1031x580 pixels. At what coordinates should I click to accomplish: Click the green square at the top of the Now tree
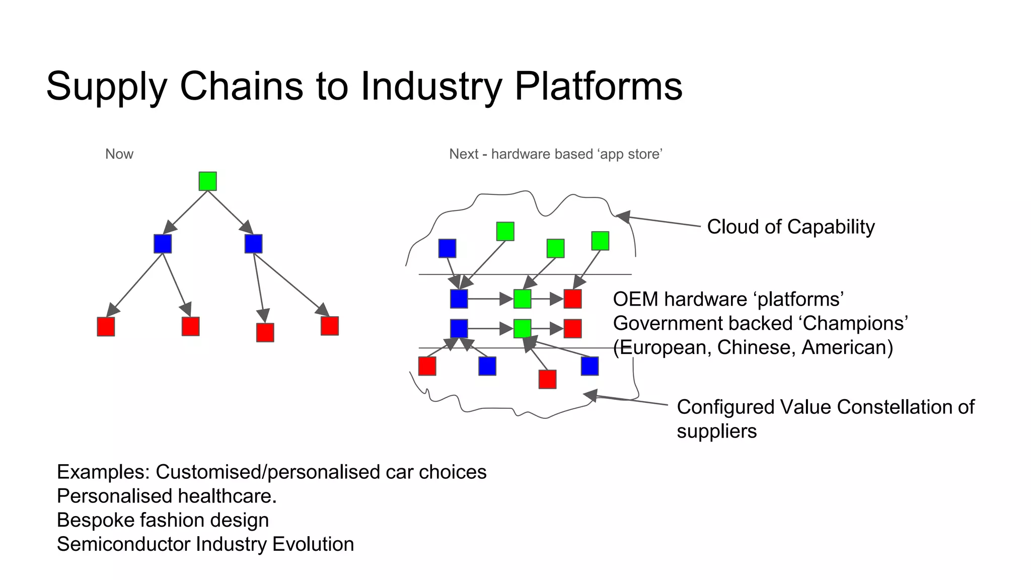click(207, 181)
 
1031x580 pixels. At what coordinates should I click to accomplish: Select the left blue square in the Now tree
click(163, 244)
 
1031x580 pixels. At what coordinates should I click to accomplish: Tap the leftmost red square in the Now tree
click(106, 326)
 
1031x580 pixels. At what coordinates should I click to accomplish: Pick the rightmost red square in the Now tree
click(329, 326)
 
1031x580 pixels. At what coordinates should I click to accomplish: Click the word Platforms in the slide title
click(598, 86)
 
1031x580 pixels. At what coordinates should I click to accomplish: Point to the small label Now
click(119, 154)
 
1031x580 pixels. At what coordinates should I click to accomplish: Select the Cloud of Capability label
click(790, 227)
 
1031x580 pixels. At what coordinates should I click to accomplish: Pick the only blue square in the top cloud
click(447, 248)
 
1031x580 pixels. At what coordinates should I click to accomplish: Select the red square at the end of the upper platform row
click(572, 299)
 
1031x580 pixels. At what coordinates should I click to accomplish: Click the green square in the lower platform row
click(522, 329)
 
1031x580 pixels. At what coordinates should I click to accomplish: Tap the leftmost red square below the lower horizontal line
click(427, 366)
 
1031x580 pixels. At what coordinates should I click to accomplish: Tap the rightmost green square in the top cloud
click(600, 241)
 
